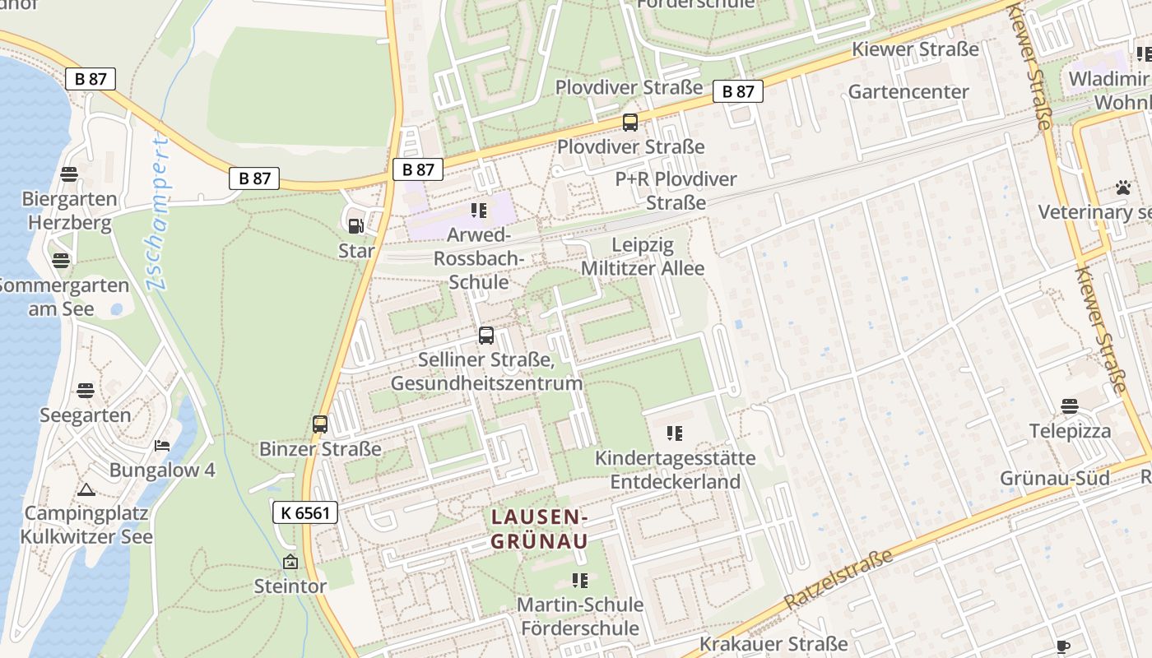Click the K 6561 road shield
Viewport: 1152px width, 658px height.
click(304, 512)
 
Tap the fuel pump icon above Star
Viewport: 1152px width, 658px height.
click(355, 226)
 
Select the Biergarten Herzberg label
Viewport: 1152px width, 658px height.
click(69, 211)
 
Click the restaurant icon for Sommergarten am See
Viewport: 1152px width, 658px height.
click(61, 261)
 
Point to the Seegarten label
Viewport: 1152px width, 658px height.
click(86, 415)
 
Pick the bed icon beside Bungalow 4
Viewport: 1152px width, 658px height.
click(162, 446)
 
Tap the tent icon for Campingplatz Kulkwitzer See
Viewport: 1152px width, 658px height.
click(86, 490)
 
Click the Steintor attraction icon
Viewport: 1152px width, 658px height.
click(290, 563)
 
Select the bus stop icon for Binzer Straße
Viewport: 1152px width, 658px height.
click(320, 424)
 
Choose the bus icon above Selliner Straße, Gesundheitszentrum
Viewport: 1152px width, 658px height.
click(486, 336)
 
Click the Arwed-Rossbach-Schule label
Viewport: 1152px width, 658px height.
click(479, 258)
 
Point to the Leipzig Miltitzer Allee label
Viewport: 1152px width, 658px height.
click(643, 257)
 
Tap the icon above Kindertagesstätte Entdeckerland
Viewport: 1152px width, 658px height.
click(675, 433)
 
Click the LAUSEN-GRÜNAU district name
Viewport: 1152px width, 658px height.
click(539, 529)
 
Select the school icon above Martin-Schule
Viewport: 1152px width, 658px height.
click(580, 581)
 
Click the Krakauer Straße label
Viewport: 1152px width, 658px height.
click(773, 643)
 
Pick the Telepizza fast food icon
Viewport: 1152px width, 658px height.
click(1069, 406)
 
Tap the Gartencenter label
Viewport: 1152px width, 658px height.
click(908, 91)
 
